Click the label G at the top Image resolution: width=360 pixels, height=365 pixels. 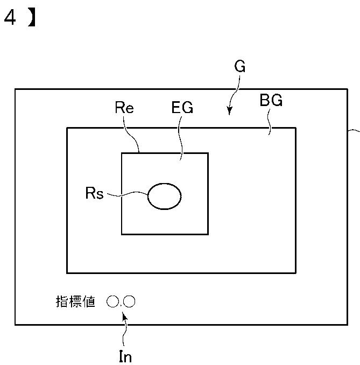[x=240, y=67]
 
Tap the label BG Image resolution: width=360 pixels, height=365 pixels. [x=271, y=101]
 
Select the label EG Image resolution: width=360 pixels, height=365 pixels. [x=182, y=108]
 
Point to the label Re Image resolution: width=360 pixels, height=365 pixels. [x=124, y=107]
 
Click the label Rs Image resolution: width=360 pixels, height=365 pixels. [x=94, y=193]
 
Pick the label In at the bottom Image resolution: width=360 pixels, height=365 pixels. [x=125, y=356]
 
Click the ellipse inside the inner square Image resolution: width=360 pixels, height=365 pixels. [x=164, y=196]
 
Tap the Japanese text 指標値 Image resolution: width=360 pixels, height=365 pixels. [x=75, y=301]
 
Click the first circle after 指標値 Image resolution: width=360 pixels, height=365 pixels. [x=112, y=301]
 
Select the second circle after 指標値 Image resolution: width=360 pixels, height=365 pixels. [x=130, y=301]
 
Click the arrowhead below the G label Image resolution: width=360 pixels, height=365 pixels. [x=229, y=111]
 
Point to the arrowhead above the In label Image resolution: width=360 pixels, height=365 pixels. [x=125, y=317]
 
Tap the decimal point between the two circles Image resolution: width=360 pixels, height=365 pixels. [x=121, y=305]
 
